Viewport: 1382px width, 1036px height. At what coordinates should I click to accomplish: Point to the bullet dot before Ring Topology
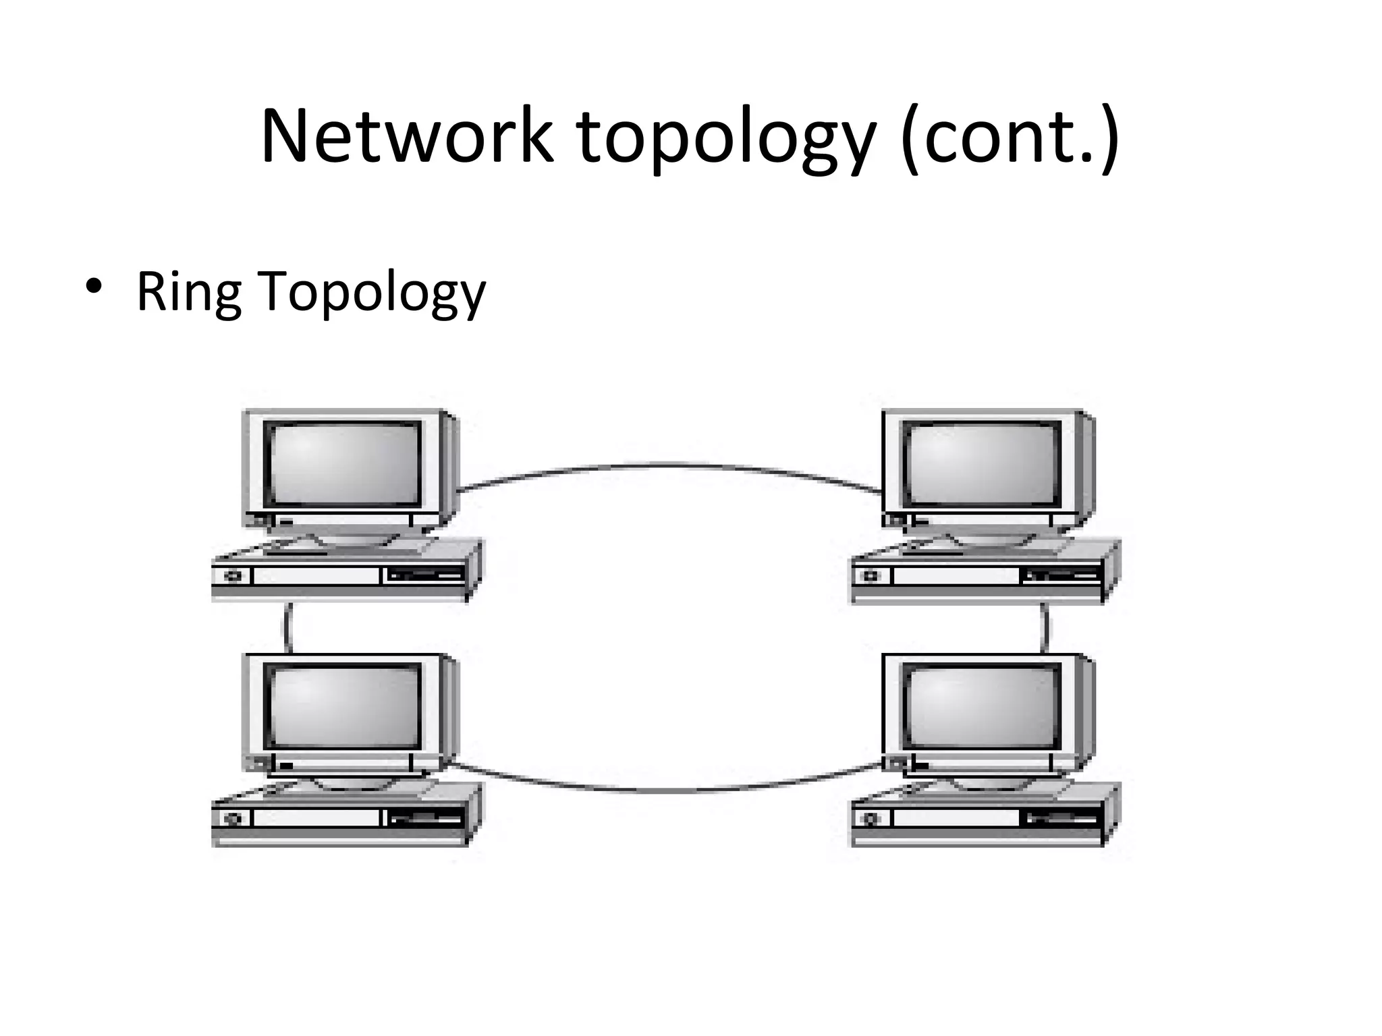[94, 286]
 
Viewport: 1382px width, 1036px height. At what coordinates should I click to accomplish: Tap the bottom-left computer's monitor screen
[343, 706]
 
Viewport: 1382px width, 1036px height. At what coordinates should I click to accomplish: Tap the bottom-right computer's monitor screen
[981, 706]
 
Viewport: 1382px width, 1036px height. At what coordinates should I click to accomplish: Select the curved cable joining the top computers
[668, 465]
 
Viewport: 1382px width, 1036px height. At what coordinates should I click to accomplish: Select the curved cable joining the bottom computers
[668, 790]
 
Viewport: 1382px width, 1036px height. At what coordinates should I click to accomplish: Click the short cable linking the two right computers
[1046, 627]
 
